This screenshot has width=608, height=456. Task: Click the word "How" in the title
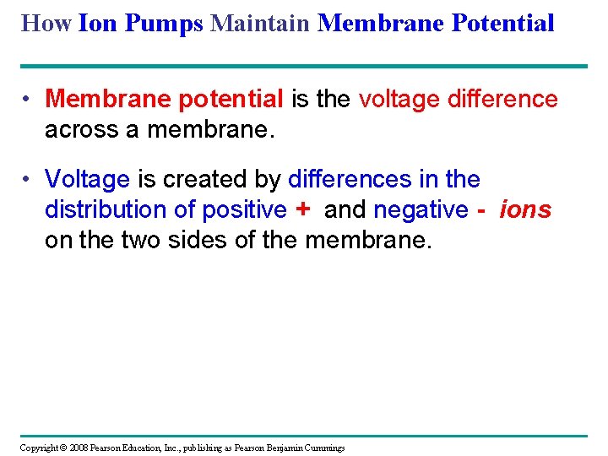[46, 23]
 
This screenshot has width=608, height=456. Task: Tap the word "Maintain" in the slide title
[261, 23]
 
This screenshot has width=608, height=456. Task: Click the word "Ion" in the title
[99, 23]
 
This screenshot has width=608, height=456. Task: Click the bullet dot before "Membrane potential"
[28, 100]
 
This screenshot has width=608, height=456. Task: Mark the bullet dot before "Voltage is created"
[28, 180]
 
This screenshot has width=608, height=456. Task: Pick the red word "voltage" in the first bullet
[399, 100]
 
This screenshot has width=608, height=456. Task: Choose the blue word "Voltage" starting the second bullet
[87, 180]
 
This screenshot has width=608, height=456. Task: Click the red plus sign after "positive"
[304, 209]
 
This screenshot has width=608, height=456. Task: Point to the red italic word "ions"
[525, 209]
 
